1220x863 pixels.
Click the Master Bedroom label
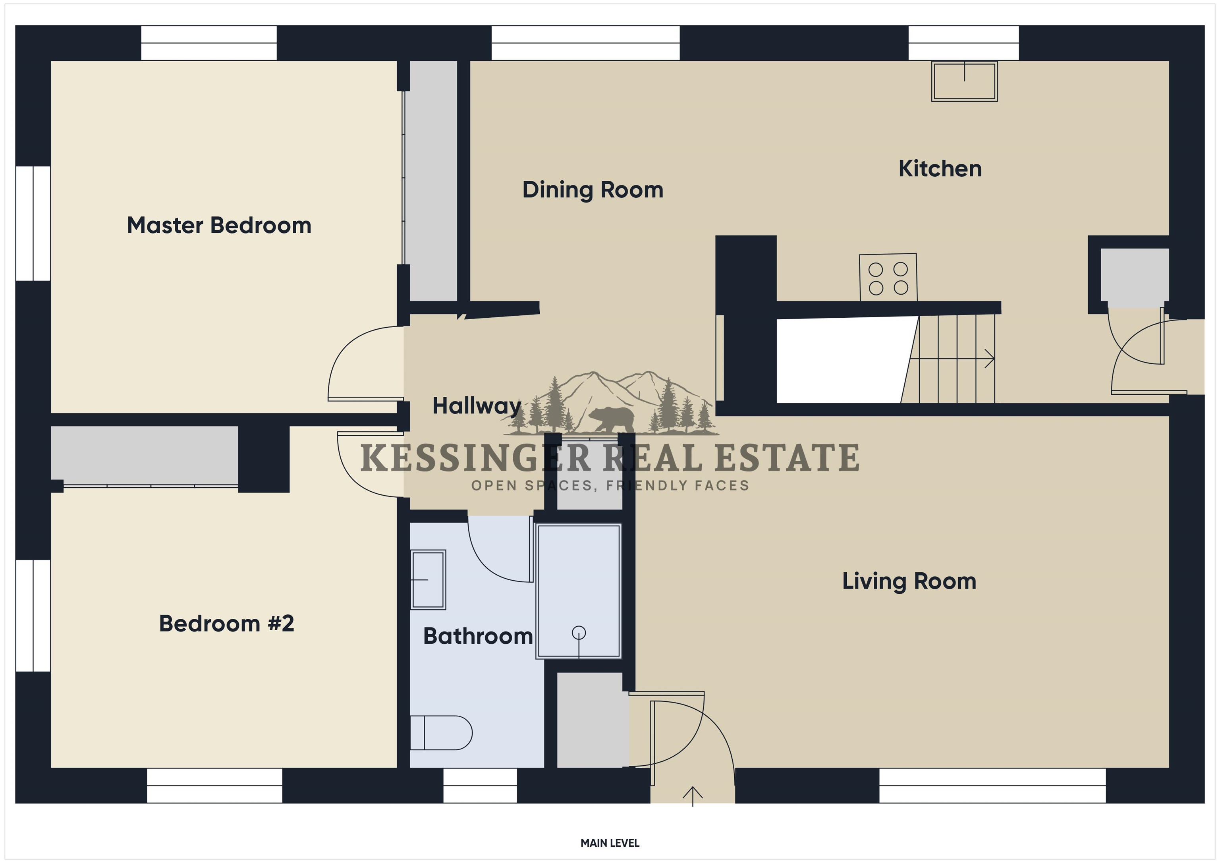(219, 225)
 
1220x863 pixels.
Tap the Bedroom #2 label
(226, 624)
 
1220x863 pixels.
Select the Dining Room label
(593, 190)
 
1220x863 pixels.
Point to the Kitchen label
(940, 169)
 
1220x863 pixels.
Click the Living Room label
(909, 581)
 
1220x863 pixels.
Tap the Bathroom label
(478, 636)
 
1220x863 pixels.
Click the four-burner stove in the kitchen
(888, 277)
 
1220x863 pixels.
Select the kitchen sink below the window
(964, 81)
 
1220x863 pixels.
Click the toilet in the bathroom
(441, 733)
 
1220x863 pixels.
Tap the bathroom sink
(428, 579)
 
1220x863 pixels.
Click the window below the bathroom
(480, 786)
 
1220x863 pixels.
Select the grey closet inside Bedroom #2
(145, 456)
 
